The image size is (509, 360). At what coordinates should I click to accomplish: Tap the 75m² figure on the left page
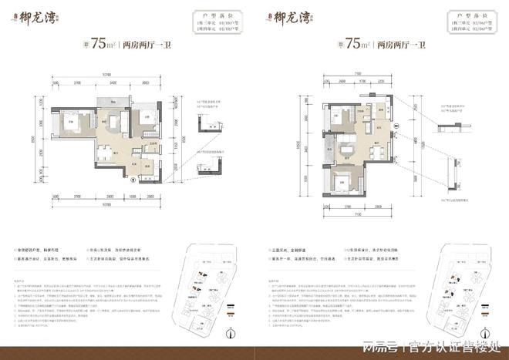click(x=102, y=44)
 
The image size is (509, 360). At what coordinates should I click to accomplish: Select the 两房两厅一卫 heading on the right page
click(x=399, y=45)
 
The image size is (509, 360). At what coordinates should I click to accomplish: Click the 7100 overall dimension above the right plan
click(x=359, y=73)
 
